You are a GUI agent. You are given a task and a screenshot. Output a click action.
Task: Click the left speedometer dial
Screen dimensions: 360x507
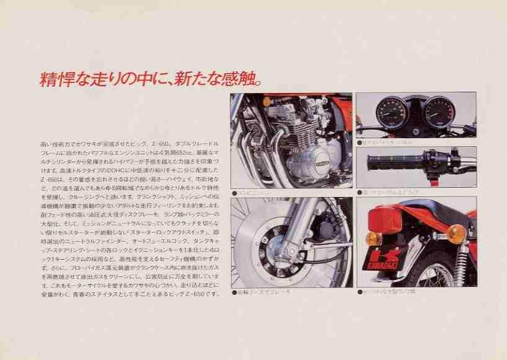coord(392,112)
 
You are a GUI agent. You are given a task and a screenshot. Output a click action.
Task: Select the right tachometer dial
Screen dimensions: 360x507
coord(439,112)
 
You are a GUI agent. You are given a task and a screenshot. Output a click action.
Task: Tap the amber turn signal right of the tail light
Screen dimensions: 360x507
coord(456,234)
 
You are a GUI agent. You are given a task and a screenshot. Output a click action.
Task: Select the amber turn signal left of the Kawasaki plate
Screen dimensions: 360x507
coord(373,239)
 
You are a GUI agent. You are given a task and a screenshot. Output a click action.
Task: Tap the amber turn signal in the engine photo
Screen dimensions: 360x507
coord(267,102)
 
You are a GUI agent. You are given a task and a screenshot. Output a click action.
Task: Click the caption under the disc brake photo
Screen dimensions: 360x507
coord(260,291)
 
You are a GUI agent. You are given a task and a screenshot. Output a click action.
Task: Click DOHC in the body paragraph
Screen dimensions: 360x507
coord(109,170)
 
